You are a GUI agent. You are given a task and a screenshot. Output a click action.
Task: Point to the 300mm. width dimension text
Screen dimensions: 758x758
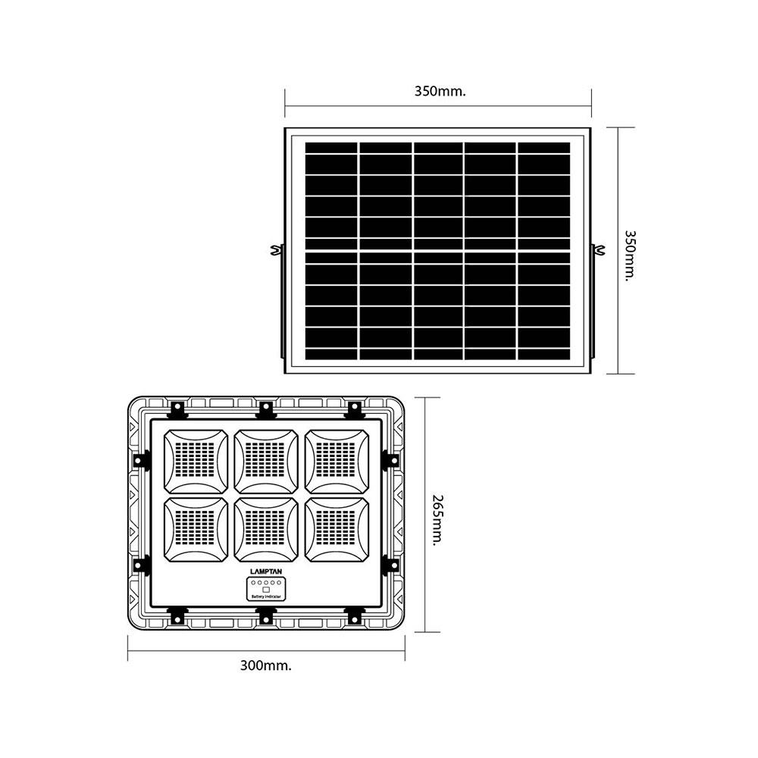(x=266, y=666)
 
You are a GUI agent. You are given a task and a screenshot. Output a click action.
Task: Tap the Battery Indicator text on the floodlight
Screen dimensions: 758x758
(x=265, y=597)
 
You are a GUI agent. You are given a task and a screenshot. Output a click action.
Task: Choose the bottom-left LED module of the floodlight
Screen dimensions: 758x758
(x=196, y=528)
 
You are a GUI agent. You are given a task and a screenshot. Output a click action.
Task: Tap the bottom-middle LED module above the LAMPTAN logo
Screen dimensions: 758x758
(x=265, y=528)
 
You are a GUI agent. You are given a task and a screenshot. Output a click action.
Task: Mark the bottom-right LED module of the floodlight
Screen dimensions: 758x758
(x=336, y=528)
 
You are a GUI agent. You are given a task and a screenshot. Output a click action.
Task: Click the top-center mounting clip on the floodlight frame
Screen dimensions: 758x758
(x=265, y=409)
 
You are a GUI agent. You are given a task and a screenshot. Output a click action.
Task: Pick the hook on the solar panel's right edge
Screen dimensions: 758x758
(x=599, y=249)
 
